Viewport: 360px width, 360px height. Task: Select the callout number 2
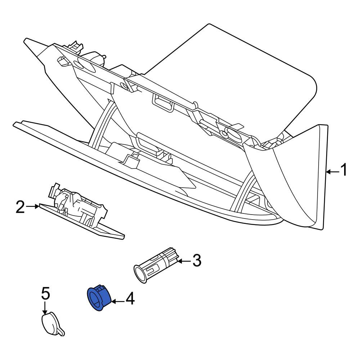20,207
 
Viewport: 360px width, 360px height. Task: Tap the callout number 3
197,260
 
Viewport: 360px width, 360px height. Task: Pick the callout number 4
130,298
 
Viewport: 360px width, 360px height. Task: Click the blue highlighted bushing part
99,298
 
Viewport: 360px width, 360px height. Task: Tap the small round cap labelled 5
52,324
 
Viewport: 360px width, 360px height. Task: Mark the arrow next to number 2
32,207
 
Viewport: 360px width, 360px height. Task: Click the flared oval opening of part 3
140,274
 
